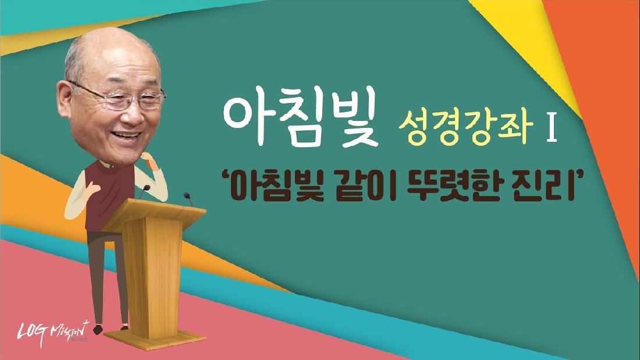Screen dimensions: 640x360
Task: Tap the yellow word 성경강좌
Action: click(466, 128)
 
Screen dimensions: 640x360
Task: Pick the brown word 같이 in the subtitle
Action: click(366, 187)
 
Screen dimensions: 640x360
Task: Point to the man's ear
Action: click(65, 98)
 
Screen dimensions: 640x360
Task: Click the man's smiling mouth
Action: click(127, 135)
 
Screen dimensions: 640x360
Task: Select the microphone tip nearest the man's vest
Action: click(146, 188)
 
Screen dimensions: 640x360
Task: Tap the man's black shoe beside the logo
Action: click(98, 329)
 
